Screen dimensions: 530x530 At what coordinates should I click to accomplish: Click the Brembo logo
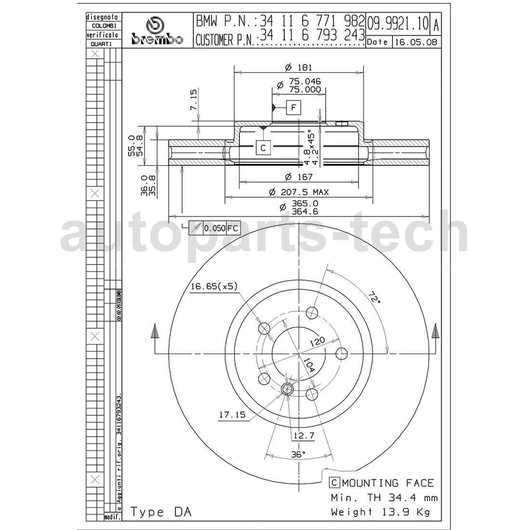tap(157, 31)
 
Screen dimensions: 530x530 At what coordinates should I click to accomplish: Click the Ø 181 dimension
tap(299, 67)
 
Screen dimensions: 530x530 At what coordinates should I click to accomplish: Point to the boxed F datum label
tap(294, 107)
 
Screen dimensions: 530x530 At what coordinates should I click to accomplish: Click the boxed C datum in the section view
tap(263, 147)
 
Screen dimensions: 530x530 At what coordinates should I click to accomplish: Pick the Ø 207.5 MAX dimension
tap(299, 192)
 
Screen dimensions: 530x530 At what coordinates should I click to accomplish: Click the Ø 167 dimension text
tap(299, 177)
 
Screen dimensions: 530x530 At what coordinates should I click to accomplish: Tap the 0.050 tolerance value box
tap(214, 228)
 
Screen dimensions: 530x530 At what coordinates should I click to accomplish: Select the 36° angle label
tap(298, 454)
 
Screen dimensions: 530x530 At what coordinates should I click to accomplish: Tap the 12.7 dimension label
tap(303, 436)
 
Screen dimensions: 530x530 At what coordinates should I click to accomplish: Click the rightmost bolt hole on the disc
tap(341, 353)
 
